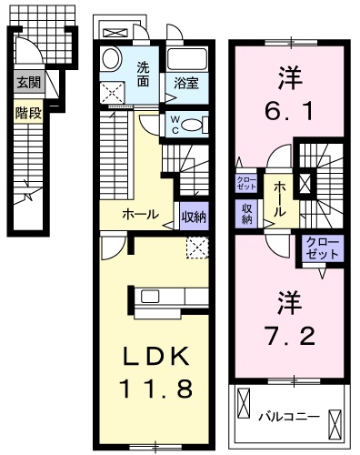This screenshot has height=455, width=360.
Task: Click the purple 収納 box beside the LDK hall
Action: tap(194, 216)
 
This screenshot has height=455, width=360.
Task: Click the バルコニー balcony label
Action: tap(288, 418)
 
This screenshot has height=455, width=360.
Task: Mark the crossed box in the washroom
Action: tap(115, 91)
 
